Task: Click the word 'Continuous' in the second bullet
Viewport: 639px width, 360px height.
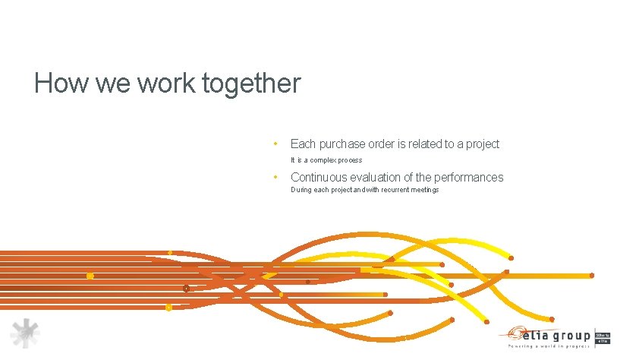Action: tap(323, 177)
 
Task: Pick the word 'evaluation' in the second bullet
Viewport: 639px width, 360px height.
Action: tap(386, 177)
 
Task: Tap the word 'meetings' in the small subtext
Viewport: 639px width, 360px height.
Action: tap(425, 190)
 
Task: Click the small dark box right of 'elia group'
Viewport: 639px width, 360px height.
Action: tap(603, 337)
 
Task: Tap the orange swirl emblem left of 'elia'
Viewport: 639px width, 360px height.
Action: tap(513, 332)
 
